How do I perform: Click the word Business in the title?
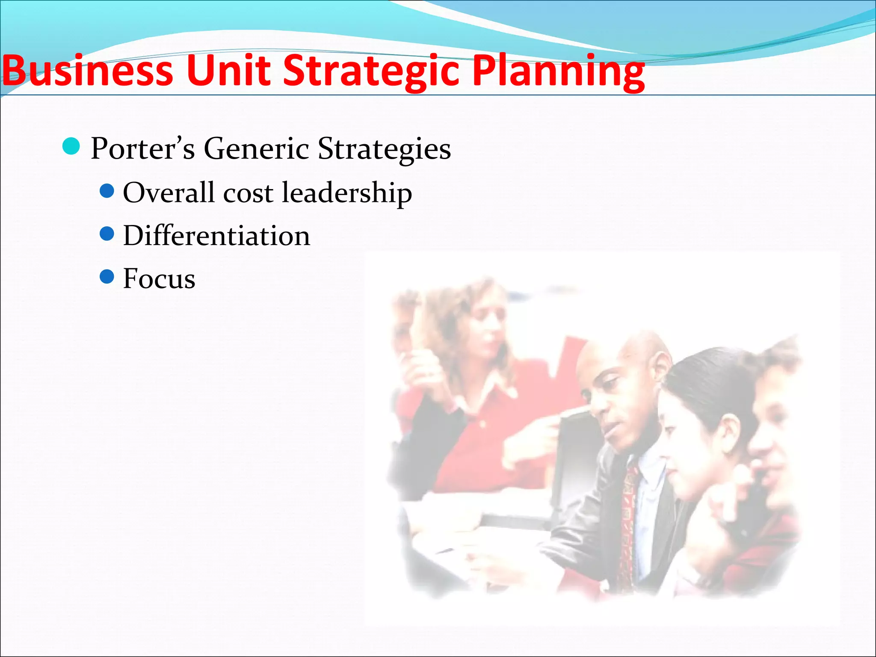click(x=88, y=71)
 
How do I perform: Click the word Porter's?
click(x=143, y=148)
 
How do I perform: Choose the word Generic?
click(x=256, y=148)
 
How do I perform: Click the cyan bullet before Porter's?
click(x=71, y=146)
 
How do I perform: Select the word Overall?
click(x=169, y=192)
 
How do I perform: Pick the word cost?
click(x=248, y=193)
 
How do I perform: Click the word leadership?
click(x=347, y=193)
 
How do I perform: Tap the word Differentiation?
click(x=216, y=236)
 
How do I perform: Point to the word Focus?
click(x=159, y=278)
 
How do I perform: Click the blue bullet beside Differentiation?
click(x=107, y=234)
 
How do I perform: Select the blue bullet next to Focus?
click(x=107, y=277)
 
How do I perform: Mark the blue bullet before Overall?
click(x=107, y=191)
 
